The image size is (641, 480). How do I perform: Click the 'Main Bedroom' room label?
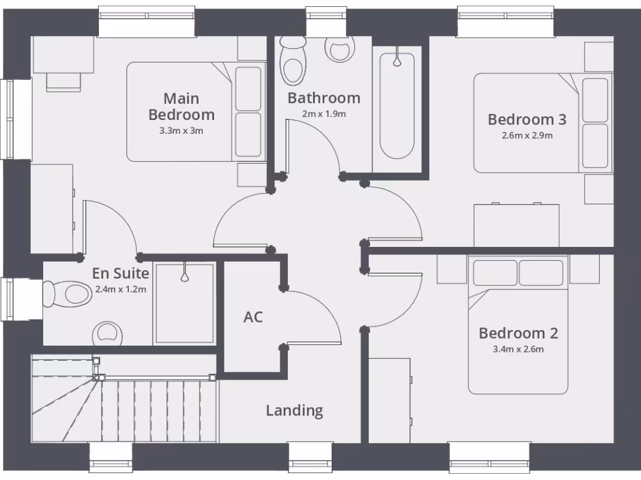coord(182,106)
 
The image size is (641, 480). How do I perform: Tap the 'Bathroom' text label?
coord(324,98)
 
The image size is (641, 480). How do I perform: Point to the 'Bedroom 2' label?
coord(518,333)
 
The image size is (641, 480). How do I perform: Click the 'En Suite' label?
coord(120,273)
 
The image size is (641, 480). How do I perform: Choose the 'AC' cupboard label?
coord(253,317)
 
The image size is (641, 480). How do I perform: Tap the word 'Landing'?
coord(294,411)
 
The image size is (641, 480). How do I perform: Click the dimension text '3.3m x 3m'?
coord(182,131)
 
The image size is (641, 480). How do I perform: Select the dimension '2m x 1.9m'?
coord(324,114)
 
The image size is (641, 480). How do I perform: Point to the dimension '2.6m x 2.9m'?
coord(527,135)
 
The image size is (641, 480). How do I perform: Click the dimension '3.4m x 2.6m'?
coord(518,349)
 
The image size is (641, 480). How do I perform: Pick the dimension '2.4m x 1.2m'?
coord(120,289)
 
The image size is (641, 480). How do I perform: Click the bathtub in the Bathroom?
coord(397,106)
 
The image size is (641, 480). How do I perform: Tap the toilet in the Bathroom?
coord(292,61)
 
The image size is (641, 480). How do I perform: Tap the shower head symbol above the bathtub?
coord(397,61)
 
